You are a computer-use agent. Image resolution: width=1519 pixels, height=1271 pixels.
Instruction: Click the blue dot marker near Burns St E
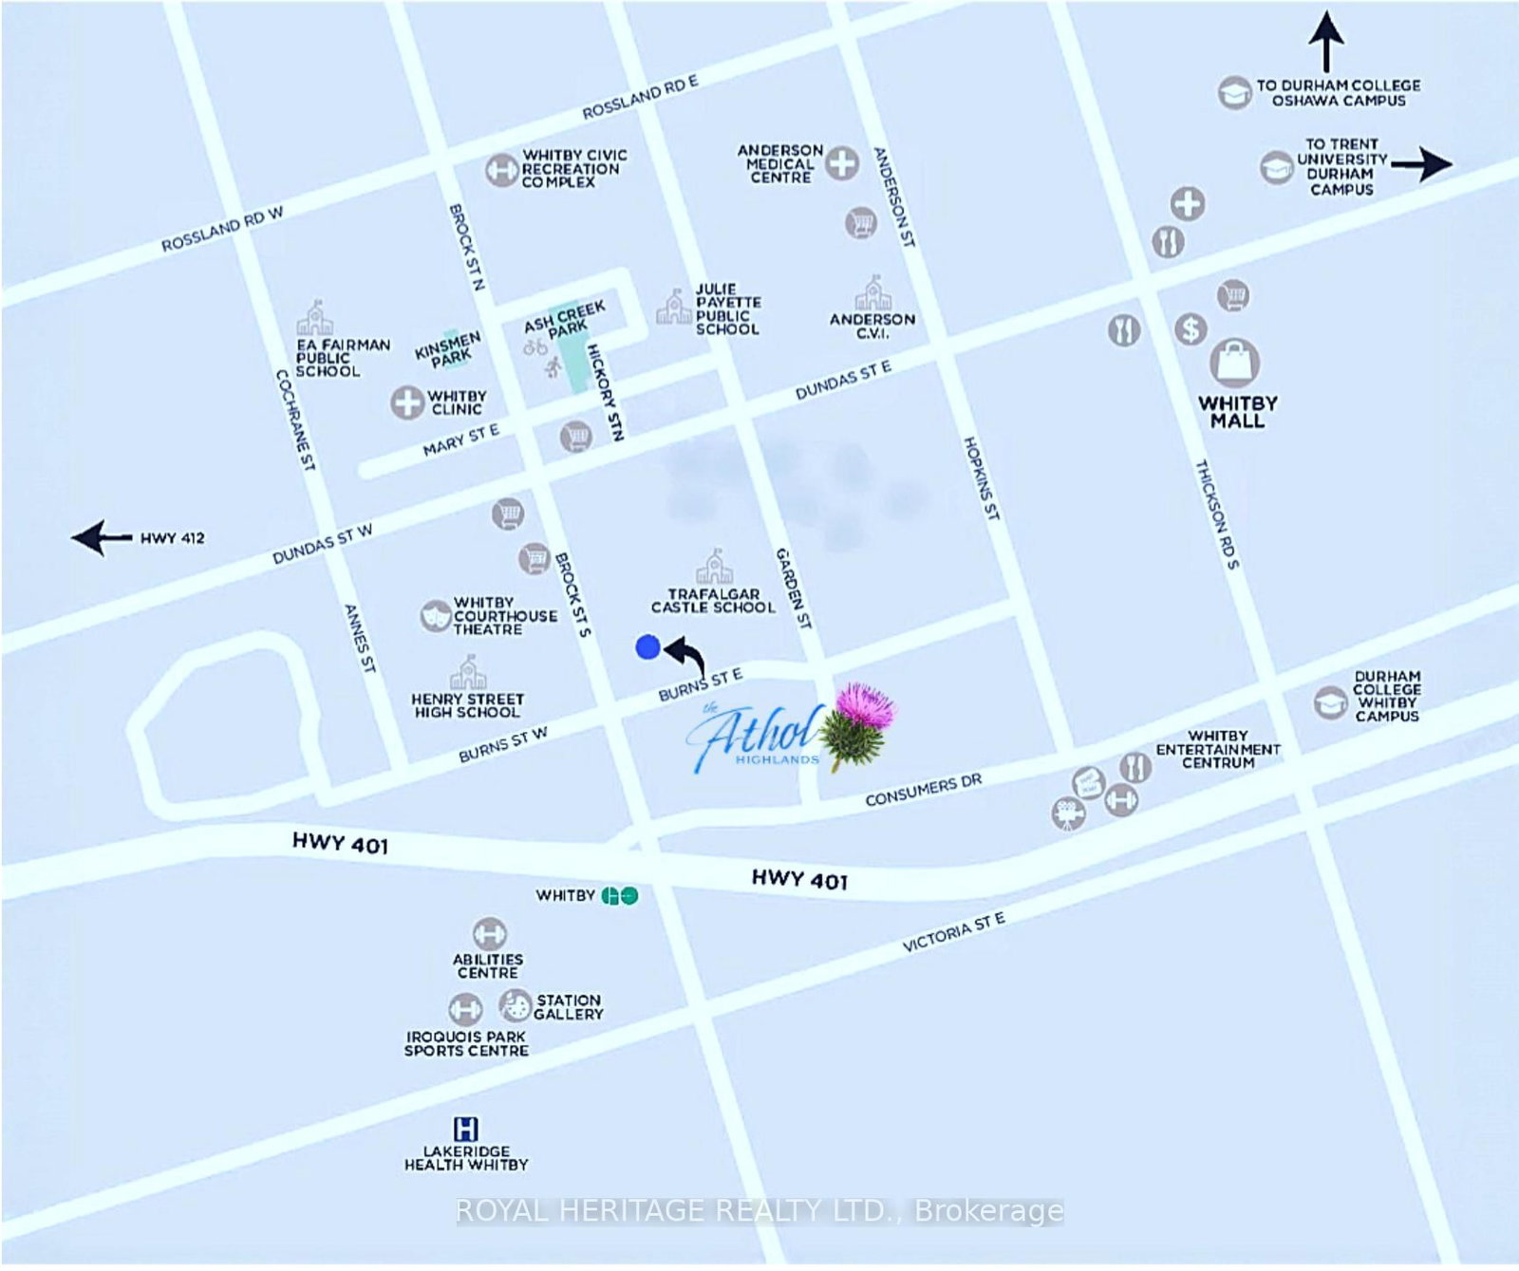point(647,647)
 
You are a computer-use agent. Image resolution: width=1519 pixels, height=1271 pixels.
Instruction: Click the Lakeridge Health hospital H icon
point(465,1129)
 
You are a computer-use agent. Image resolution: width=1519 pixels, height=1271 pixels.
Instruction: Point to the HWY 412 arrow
point(103,537)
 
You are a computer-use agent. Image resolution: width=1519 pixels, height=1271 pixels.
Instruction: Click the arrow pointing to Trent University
point(1421,163)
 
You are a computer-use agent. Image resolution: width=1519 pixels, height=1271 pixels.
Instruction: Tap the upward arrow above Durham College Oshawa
point(1325,41)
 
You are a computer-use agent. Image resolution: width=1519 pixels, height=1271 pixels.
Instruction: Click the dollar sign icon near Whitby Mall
point(1191,329)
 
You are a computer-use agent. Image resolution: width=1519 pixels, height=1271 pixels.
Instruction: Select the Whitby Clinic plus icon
point(407,402)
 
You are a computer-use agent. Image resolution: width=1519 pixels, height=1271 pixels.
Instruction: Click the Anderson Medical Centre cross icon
point(841,163)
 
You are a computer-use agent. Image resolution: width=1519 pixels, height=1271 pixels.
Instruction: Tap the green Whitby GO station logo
point(620,895)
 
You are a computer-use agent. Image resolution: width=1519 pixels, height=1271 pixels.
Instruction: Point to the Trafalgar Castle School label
point(713,601)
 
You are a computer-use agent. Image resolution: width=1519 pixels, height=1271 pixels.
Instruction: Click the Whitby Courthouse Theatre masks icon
point(435,616)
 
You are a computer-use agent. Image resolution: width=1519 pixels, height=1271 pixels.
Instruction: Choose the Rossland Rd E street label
point(640,97)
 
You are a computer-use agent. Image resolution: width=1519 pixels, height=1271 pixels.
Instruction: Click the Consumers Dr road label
point(923,790)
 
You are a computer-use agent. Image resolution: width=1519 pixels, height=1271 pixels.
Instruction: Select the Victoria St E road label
point(953,931)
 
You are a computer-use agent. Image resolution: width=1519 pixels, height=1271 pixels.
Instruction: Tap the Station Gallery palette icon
point(516,1004)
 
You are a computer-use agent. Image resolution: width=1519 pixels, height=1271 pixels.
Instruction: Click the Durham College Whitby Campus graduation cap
point(1330,702)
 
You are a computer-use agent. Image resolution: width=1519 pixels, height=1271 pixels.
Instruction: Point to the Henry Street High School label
point(466,705)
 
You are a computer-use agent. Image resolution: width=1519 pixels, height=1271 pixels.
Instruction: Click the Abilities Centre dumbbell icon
point(489,932)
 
